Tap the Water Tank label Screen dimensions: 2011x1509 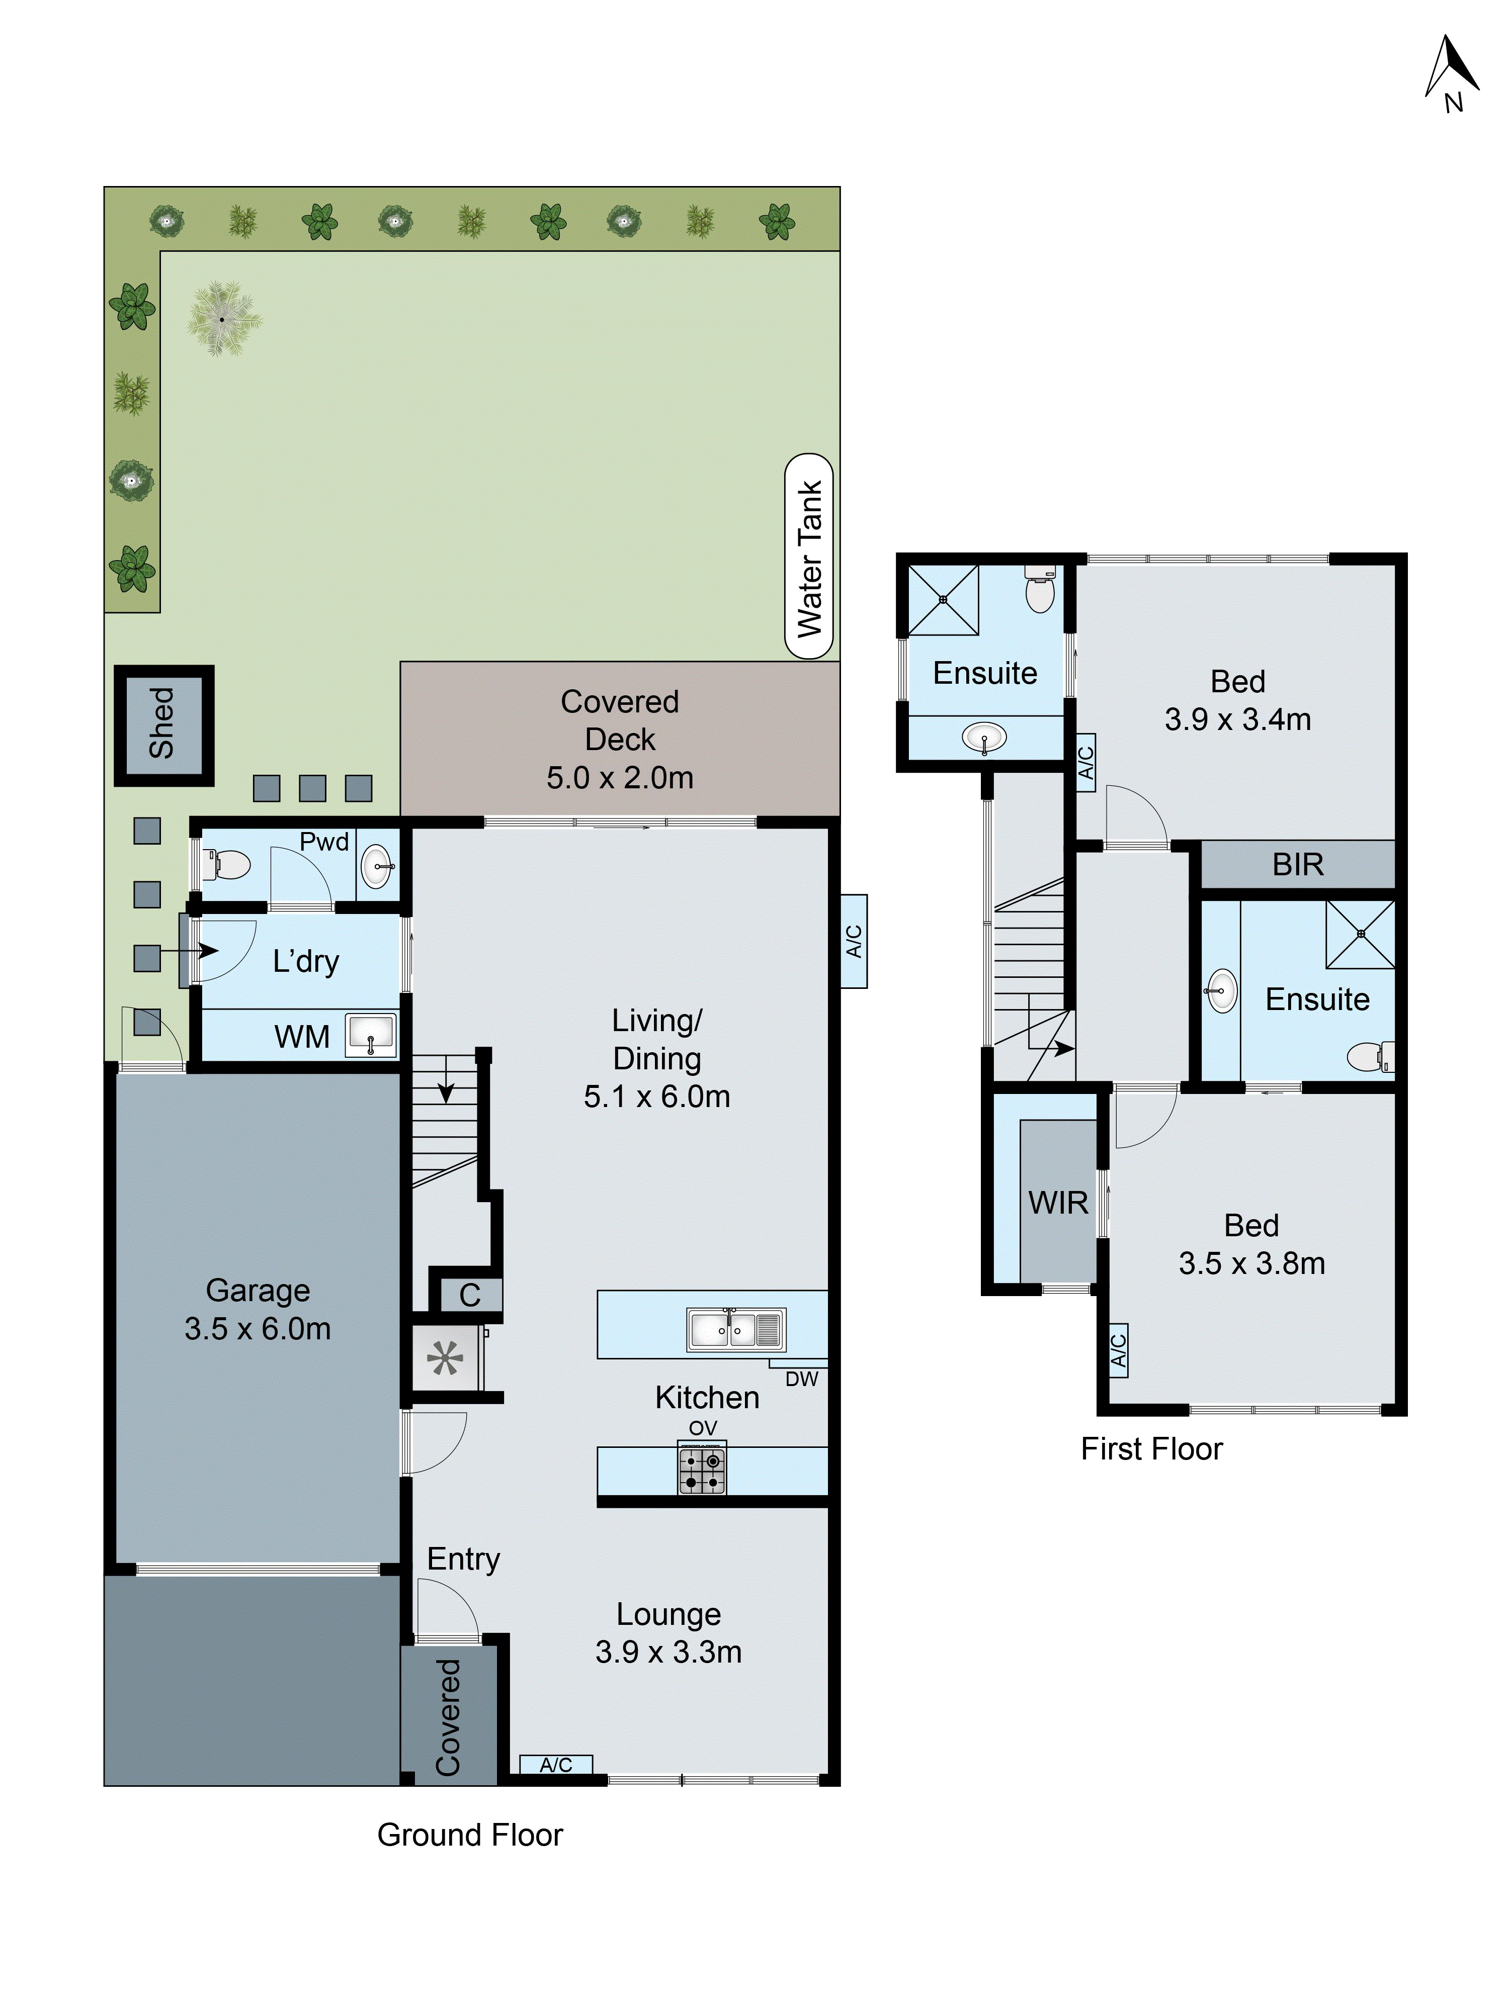coord(809,557)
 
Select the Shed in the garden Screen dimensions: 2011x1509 coord(163,724)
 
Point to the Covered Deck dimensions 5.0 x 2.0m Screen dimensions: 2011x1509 coord(619,777)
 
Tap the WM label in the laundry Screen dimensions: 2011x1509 coord(302,1036)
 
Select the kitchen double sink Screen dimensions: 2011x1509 coord(735,1330)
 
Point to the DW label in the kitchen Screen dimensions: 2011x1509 coord(801,1379)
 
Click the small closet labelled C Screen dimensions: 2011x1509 coord(469,1295)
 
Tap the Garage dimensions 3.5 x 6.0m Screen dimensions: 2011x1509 coord(258,1328)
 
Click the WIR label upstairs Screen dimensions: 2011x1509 coord(1058,1203)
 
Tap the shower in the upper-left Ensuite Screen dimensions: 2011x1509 coord(943,600)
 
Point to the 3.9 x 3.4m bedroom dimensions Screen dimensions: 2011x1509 coord(1237,719)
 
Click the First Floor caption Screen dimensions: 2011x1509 coord(1151,1448)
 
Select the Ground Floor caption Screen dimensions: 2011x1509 coord(469,1835)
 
